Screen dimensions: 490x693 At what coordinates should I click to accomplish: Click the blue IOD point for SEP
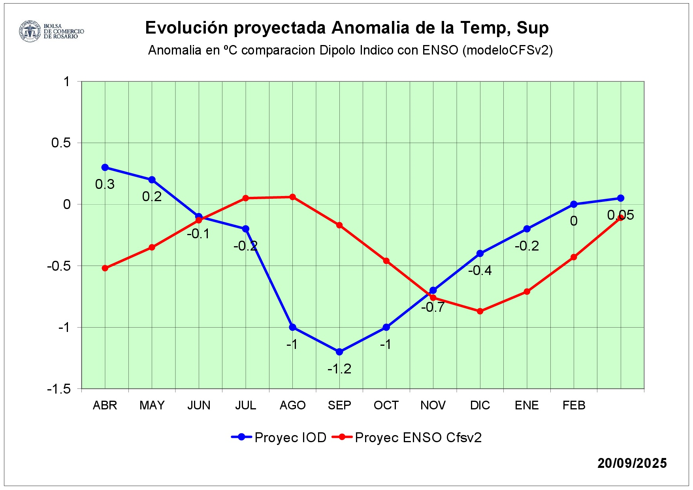tap(339, 352)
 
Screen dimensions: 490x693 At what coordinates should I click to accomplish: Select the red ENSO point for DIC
tap(480, 311)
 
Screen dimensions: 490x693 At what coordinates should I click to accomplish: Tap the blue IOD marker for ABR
tap(105, 168)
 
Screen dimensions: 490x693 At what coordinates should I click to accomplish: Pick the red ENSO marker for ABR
tap(105, 268)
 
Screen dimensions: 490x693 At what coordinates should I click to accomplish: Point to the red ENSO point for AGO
tap(293, 197)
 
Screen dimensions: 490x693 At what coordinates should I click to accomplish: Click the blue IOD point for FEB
tap(574, 204)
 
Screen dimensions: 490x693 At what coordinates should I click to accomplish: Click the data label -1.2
tap(339, 369)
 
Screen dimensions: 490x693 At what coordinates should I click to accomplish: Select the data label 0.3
tap(105, 185)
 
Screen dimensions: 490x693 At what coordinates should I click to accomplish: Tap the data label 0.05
tap(621, 215)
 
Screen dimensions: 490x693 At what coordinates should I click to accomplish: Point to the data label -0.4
tap(480, 271)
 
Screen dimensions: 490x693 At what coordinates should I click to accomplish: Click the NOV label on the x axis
tap(433, 405)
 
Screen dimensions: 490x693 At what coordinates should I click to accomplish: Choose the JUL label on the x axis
tap(246, 405)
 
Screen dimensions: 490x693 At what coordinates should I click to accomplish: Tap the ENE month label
tap(527, 405)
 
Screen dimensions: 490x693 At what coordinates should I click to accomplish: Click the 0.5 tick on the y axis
tap(61, 143)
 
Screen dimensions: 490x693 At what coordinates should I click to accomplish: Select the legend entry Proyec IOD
tap(290, 438)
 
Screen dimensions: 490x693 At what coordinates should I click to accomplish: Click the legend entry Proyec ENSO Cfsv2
tap(418, 438)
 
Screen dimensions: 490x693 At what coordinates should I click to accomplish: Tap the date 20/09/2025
tap(632, 463)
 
